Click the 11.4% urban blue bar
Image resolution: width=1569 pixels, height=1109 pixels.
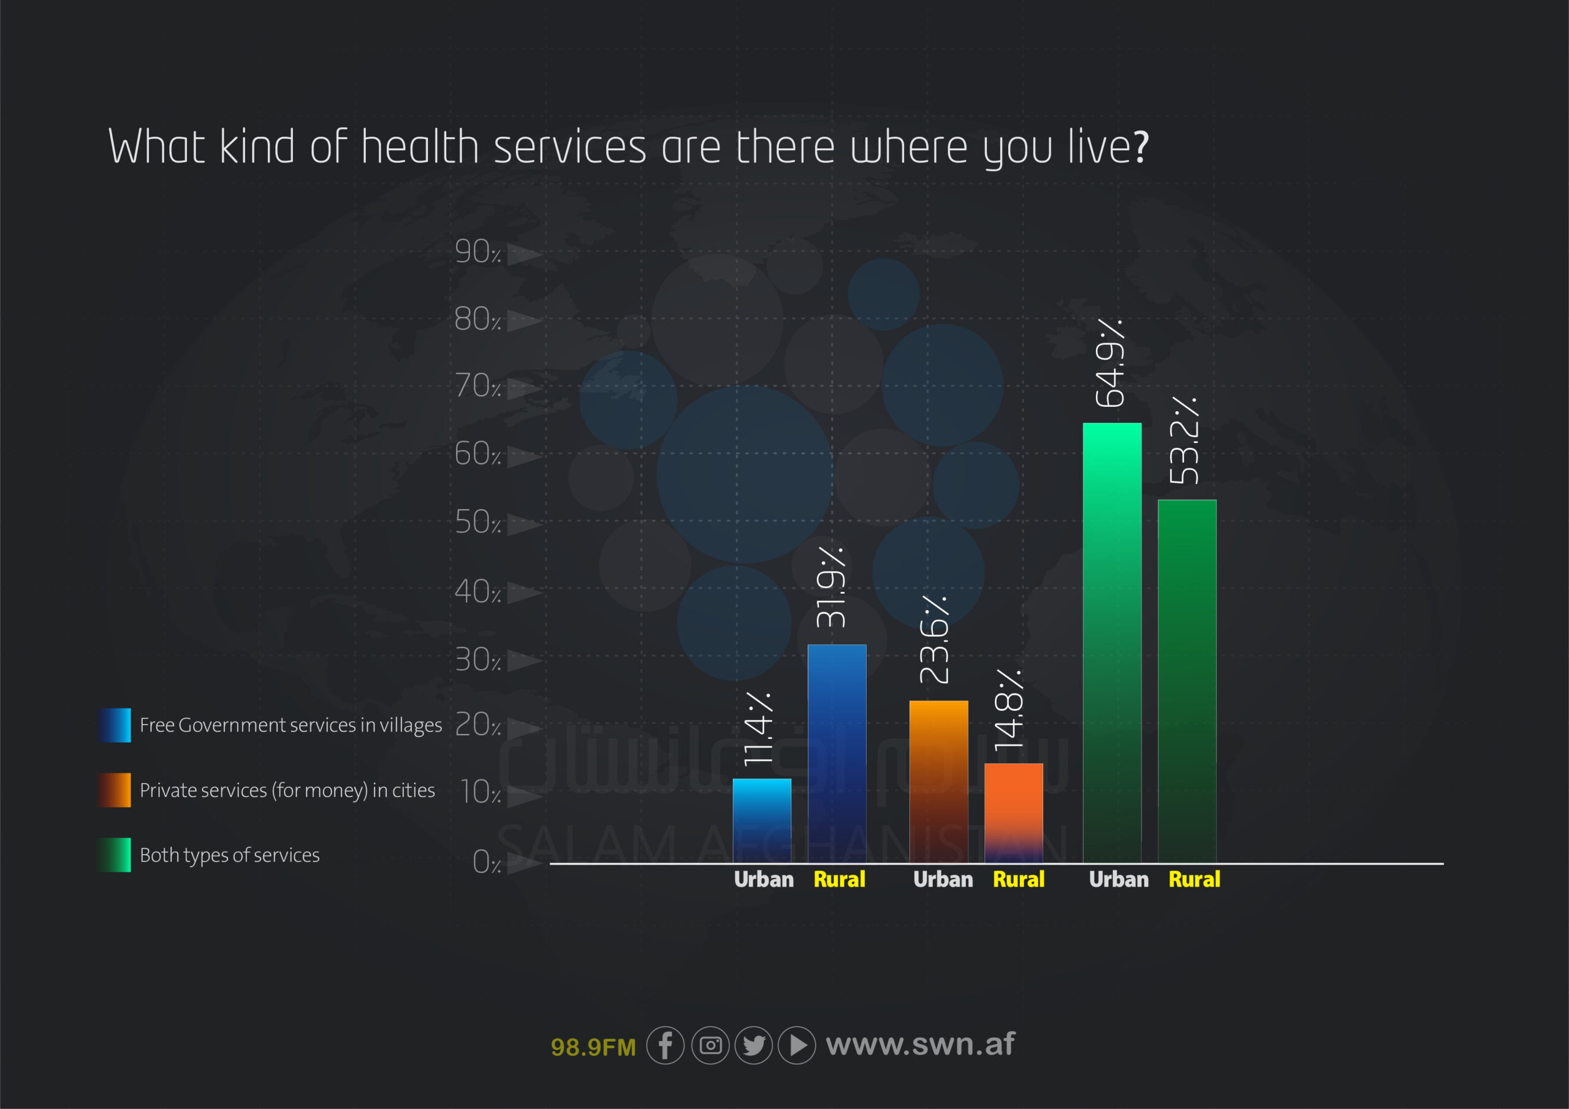tap(761, 820)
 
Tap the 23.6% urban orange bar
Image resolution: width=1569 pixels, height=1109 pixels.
tap(938, 781)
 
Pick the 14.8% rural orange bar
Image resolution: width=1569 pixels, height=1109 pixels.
tap(1014, 812)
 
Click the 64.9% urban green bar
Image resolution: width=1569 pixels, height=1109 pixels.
tap(1112, 642)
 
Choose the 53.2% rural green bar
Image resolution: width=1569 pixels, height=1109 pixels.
tap(1187, 681)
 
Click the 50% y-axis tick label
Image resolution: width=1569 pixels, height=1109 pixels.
tap(477, 523)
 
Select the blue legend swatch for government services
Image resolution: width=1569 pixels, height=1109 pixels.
tap(114, 725)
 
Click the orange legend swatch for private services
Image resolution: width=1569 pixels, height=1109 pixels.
tap(114, 790)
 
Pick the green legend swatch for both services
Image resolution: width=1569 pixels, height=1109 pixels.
tap(114, 855)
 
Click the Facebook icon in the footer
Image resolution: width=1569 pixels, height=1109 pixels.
tap(665, 1045)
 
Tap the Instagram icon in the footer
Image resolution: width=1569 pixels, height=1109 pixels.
tap(710, 1045)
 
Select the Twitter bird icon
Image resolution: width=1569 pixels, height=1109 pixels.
tap(754, 1045)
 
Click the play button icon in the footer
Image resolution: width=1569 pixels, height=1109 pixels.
tap(797, 1045)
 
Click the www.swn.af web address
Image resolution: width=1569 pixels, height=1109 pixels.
tap(920, 1044)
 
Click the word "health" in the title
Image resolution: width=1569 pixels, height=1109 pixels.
tap(420, 147)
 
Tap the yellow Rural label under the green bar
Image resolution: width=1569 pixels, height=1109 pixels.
tap(1194, 879)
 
